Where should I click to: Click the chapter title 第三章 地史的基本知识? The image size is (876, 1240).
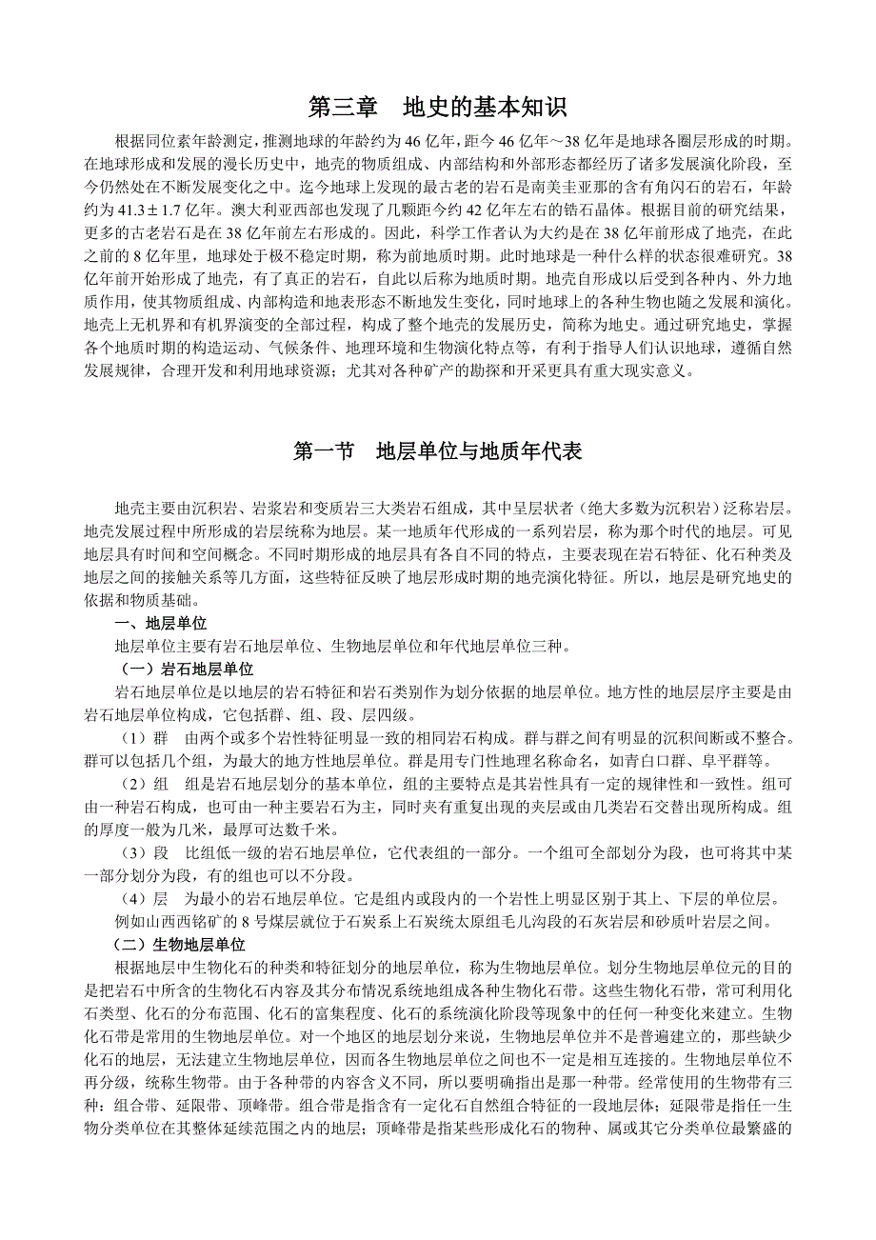click(x=437, y=104)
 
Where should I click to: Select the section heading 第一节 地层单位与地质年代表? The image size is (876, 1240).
click(x=437, y=451)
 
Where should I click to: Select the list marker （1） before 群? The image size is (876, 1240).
click(x=132, y=738)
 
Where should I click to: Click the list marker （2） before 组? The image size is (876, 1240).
click(x=132, y=784)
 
